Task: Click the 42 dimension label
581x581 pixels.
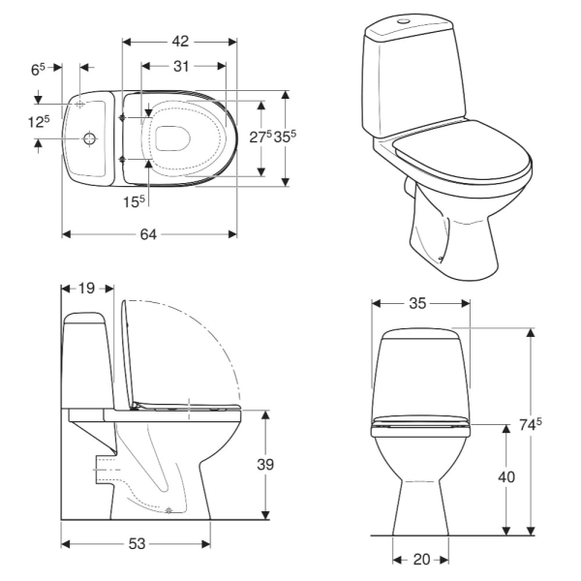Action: click(x=180, y=41)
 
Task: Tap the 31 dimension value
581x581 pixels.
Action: click(x=181, y=66)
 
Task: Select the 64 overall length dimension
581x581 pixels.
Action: click(x=148, y=234)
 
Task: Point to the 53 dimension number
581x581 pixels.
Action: click(x=137, y=543)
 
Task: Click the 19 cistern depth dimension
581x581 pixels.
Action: click(x=87, y=288)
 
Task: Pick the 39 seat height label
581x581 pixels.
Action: click(x=265, y=464)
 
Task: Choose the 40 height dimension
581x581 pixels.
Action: click(x=506, y=476)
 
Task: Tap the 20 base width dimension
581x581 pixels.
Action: click(x=421, y=559)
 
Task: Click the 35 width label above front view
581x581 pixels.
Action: click(x=417, y=303)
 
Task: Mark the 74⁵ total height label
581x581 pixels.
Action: click(x=531, y=425)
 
